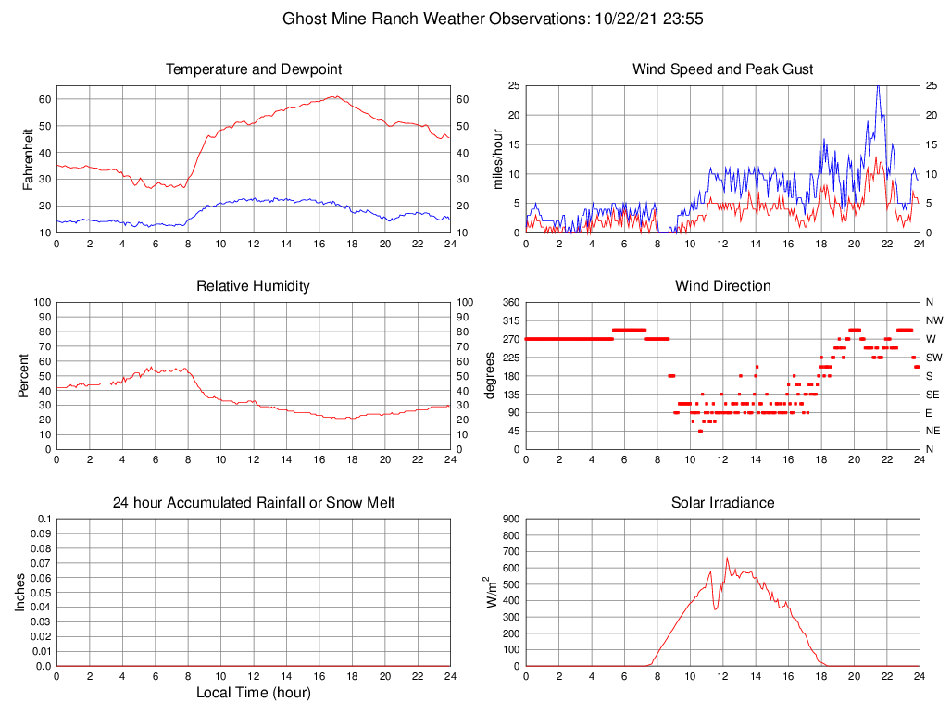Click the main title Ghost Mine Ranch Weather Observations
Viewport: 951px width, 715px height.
(x=492, y=19)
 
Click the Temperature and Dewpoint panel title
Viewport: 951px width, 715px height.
(x=253, y=69)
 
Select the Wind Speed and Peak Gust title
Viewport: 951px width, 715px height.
(x=722, y=69)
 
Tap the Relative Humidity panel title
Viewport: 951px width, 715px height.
(x=253, y=286)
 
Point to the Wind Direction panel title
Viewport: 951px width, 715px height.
(x=722, y=286)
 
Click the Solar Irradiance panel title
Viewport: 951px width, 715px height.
(x=722, y=503)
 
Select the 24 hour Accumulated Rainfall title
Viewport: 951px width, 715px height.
(x=253, y=503)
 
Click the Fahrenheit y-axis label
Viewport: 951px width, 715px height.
(x=28, y=158)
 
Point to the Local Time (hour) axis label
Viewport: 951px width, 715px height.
(x=253, y=693)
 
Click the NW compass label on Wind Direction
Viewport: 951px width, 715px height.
(x=933, y=320)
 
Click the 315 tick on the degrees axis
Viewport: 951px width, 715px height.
(x=509, y=320)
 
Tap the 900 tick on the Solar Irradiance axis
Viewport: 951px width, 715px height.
(x=510, y=519)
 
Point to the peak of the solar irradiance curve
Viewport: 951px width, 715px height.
(x=727, y=558)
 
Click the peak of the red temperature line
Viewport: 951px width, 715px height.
(x=335, y=96)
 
